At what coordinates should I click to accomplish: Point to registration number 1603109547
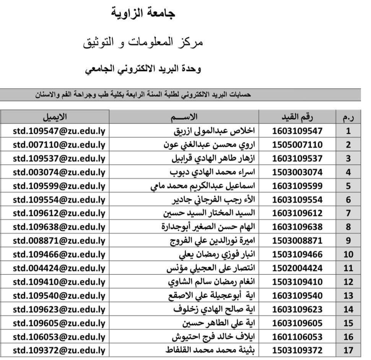(x=297, y=131)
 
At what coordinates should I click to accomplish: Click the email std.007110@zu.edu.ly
(x=59, y=145)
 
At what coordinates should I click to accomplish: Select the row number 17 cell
(x=348, y=350)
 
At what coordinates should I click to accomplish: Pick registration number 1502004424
(x=297, y=268)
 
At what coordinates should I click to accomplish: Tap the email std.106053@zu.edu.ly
(x=59, y=337)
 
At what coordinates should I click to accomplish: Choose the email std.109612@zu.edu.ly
(x=59, y=213)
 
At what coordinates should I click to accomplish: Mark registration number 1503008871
(x=297, y=241)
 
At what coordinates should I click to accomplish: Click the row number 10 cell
(x=348, y=255)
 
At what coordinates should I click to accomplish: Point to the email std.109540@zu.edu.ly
(x=59, y=295)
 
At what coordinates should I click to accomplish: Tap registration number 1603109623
(x=297, y=309)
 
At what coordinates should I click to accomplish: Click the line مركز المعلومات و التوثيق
(x=143, y=42)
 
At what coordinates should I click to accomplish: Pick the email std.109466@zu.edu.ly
(x=59, y=255)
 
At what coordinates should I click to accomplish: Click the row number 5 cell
(x=348, y=186)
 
